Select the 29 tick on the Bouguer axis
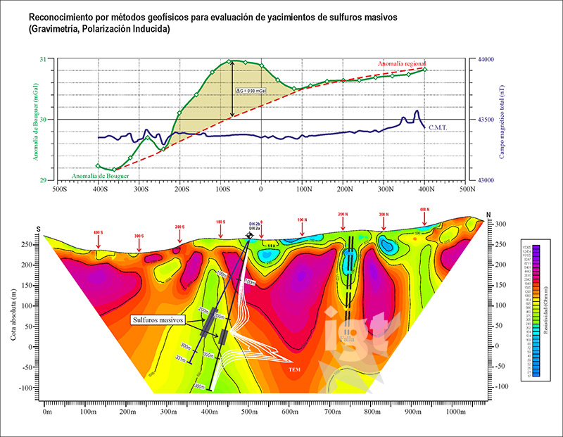(48, 180)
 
